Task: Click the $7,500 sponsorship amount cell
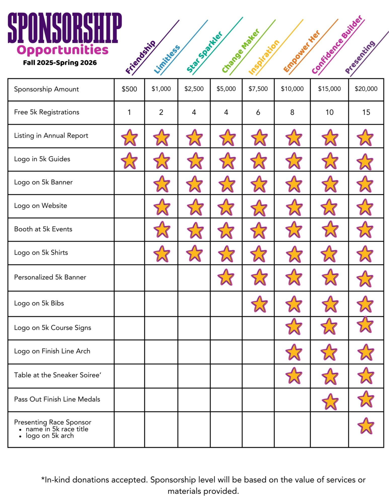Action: click(258, 89)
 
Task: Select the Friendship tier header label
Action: click(140, 57)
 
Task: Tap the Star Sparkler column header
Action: click(205, 52)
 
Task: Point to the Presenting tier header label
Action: click(360, 57)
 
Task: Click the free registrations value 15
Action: click(366, 112)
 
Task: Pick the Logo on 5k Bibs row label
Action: click(39, 303)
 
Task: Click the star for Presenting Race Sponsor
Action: click(366, 426)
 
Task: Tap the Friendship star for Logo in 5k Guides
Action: click(129, 161)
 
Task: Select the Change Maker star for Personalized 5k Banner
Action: click(226, 277)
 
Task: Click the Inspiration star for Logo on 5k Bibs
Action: click(259, 304)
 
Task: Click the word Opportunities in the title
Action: click(62, 50)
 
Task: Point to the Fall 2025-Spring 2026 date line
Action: click(60, 63)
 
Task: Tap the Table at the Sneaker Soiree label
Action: click(58, 375)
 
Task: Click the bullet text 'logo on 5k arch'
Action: click(50, 436)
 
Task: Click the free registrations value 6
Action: click(258, 112)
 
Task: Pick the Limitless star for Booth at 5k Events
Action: click(162, 230)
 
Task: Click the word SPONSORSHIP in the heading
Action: click(65, 28)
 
